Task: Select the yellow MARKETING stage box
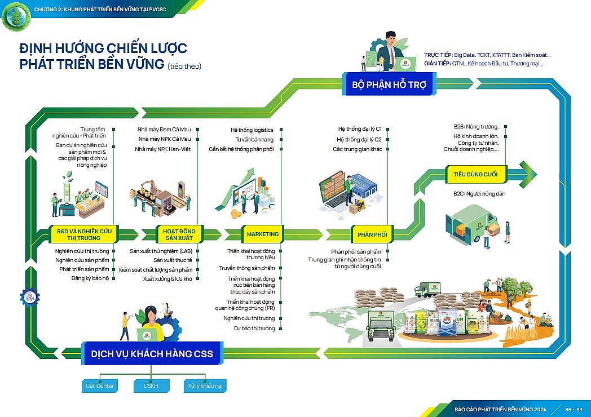[x=263, y=234]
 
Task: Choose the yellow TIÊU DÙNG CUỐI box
[x=475, y=174]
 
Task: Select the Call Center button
[x=100, y=386]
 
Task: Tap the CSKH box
[x=151, y=386]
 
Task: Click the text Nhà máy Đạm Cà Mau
[x=164, y=130]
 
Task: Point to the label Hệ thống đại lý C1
[x=359, y=129]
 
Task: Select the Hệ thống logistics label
[x=252, y=130]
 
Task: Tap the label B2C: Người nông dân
[x=479, y=194]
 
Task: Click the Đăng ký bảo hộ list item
[x=90, y=278]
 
